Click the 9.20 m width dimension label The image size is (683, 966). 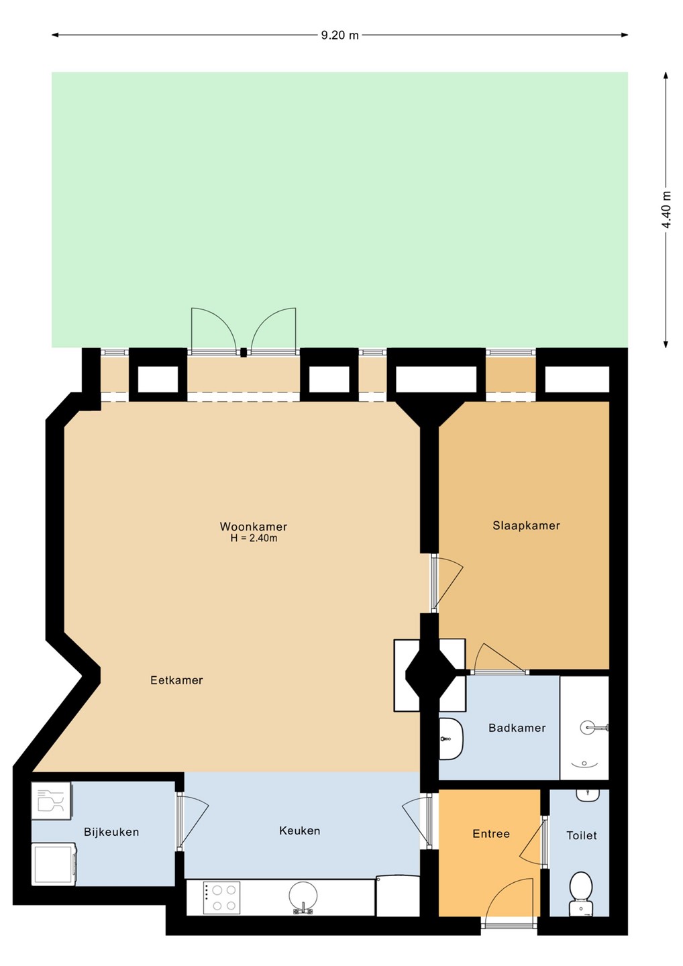(339, 36)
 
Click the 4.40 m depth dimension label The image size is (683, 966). (667, 209)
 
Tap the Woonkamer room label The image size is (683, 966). (254, 527)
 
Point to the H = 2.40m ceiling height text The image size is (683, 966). (254, 538)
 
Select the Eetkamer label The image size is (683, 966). (176, 680)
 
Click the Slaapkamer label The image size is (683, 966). (527, 526)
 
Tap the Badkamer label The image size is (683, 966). (517, 728)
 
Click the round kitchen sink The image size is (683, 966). (303, 898)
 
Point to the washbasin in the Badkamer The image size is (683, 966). (451, 739)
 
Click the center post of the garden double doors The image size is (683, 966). (244, 352)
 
